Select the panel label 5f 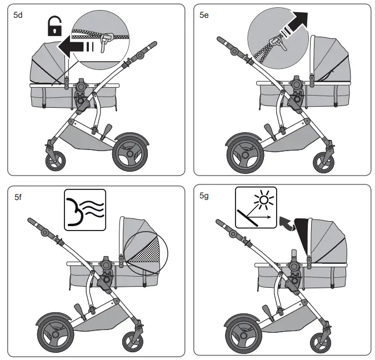pyautogui.click(x=18, y=196)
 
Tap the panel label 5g pyautogui.click(x=204, y=196)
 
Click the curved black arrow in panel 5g pyautogui.click(x=286, y=223)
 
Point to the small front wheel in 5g pyautogui.click(x=323, y=340)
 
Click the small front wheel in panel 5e pyautogui.click(x=323, y=161)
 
